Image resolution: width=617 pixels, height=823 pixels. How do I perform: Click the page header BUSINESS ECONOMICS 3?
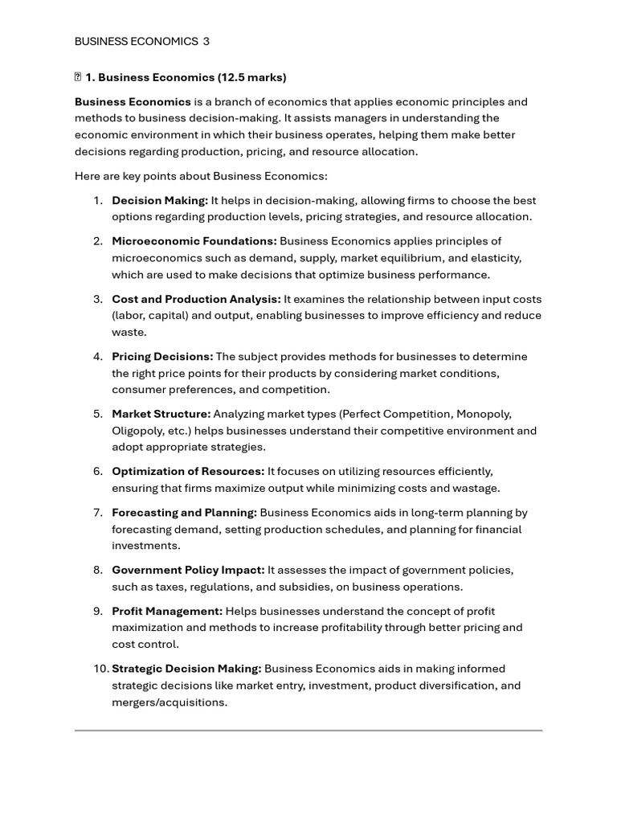pos(141,41)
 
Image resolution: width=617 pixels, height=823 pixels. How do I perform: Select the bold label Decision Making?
pos(159,200)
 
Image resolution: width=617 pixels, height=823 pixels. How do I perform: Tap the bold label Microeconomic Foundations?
pos(194,241)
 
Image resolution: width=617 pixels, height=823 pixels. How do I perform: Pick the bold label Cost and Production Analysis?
pos(196,299)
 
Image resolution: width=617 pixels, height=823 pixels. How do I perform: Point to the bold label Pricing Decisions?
pos(162,356)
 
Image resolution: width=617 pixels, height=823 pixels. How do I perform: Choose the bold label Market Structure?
pos(161,414)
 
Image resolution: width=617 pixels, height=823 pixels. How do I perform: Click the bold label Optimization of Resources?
pos(187,471)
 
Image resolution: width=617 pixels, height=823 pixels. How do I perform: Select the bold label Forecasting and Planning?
pos(184,512)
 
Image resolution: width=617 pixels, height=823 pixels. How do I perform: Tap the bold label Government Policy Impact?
pos(188,570)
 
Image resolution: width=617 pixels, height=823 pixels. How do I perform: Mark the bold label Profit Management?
pos(167,611)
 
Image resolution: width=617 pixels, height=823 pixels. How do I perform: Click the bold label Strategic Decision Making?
pos(186,669)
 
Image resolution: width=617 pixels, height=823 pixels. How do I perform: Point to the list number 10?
pos(100,669)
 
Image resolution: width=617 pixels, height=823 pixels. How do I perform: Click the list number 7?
pos(97,512)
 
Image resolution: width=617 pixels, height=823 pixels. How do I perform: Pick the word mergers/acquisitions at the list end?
pos(168,702)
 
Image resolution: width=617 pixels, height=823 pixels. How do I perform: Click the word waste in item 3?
pos(128,332)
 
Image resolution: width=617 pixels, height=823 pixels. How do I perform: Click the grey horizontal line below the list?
pos(308,731)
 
